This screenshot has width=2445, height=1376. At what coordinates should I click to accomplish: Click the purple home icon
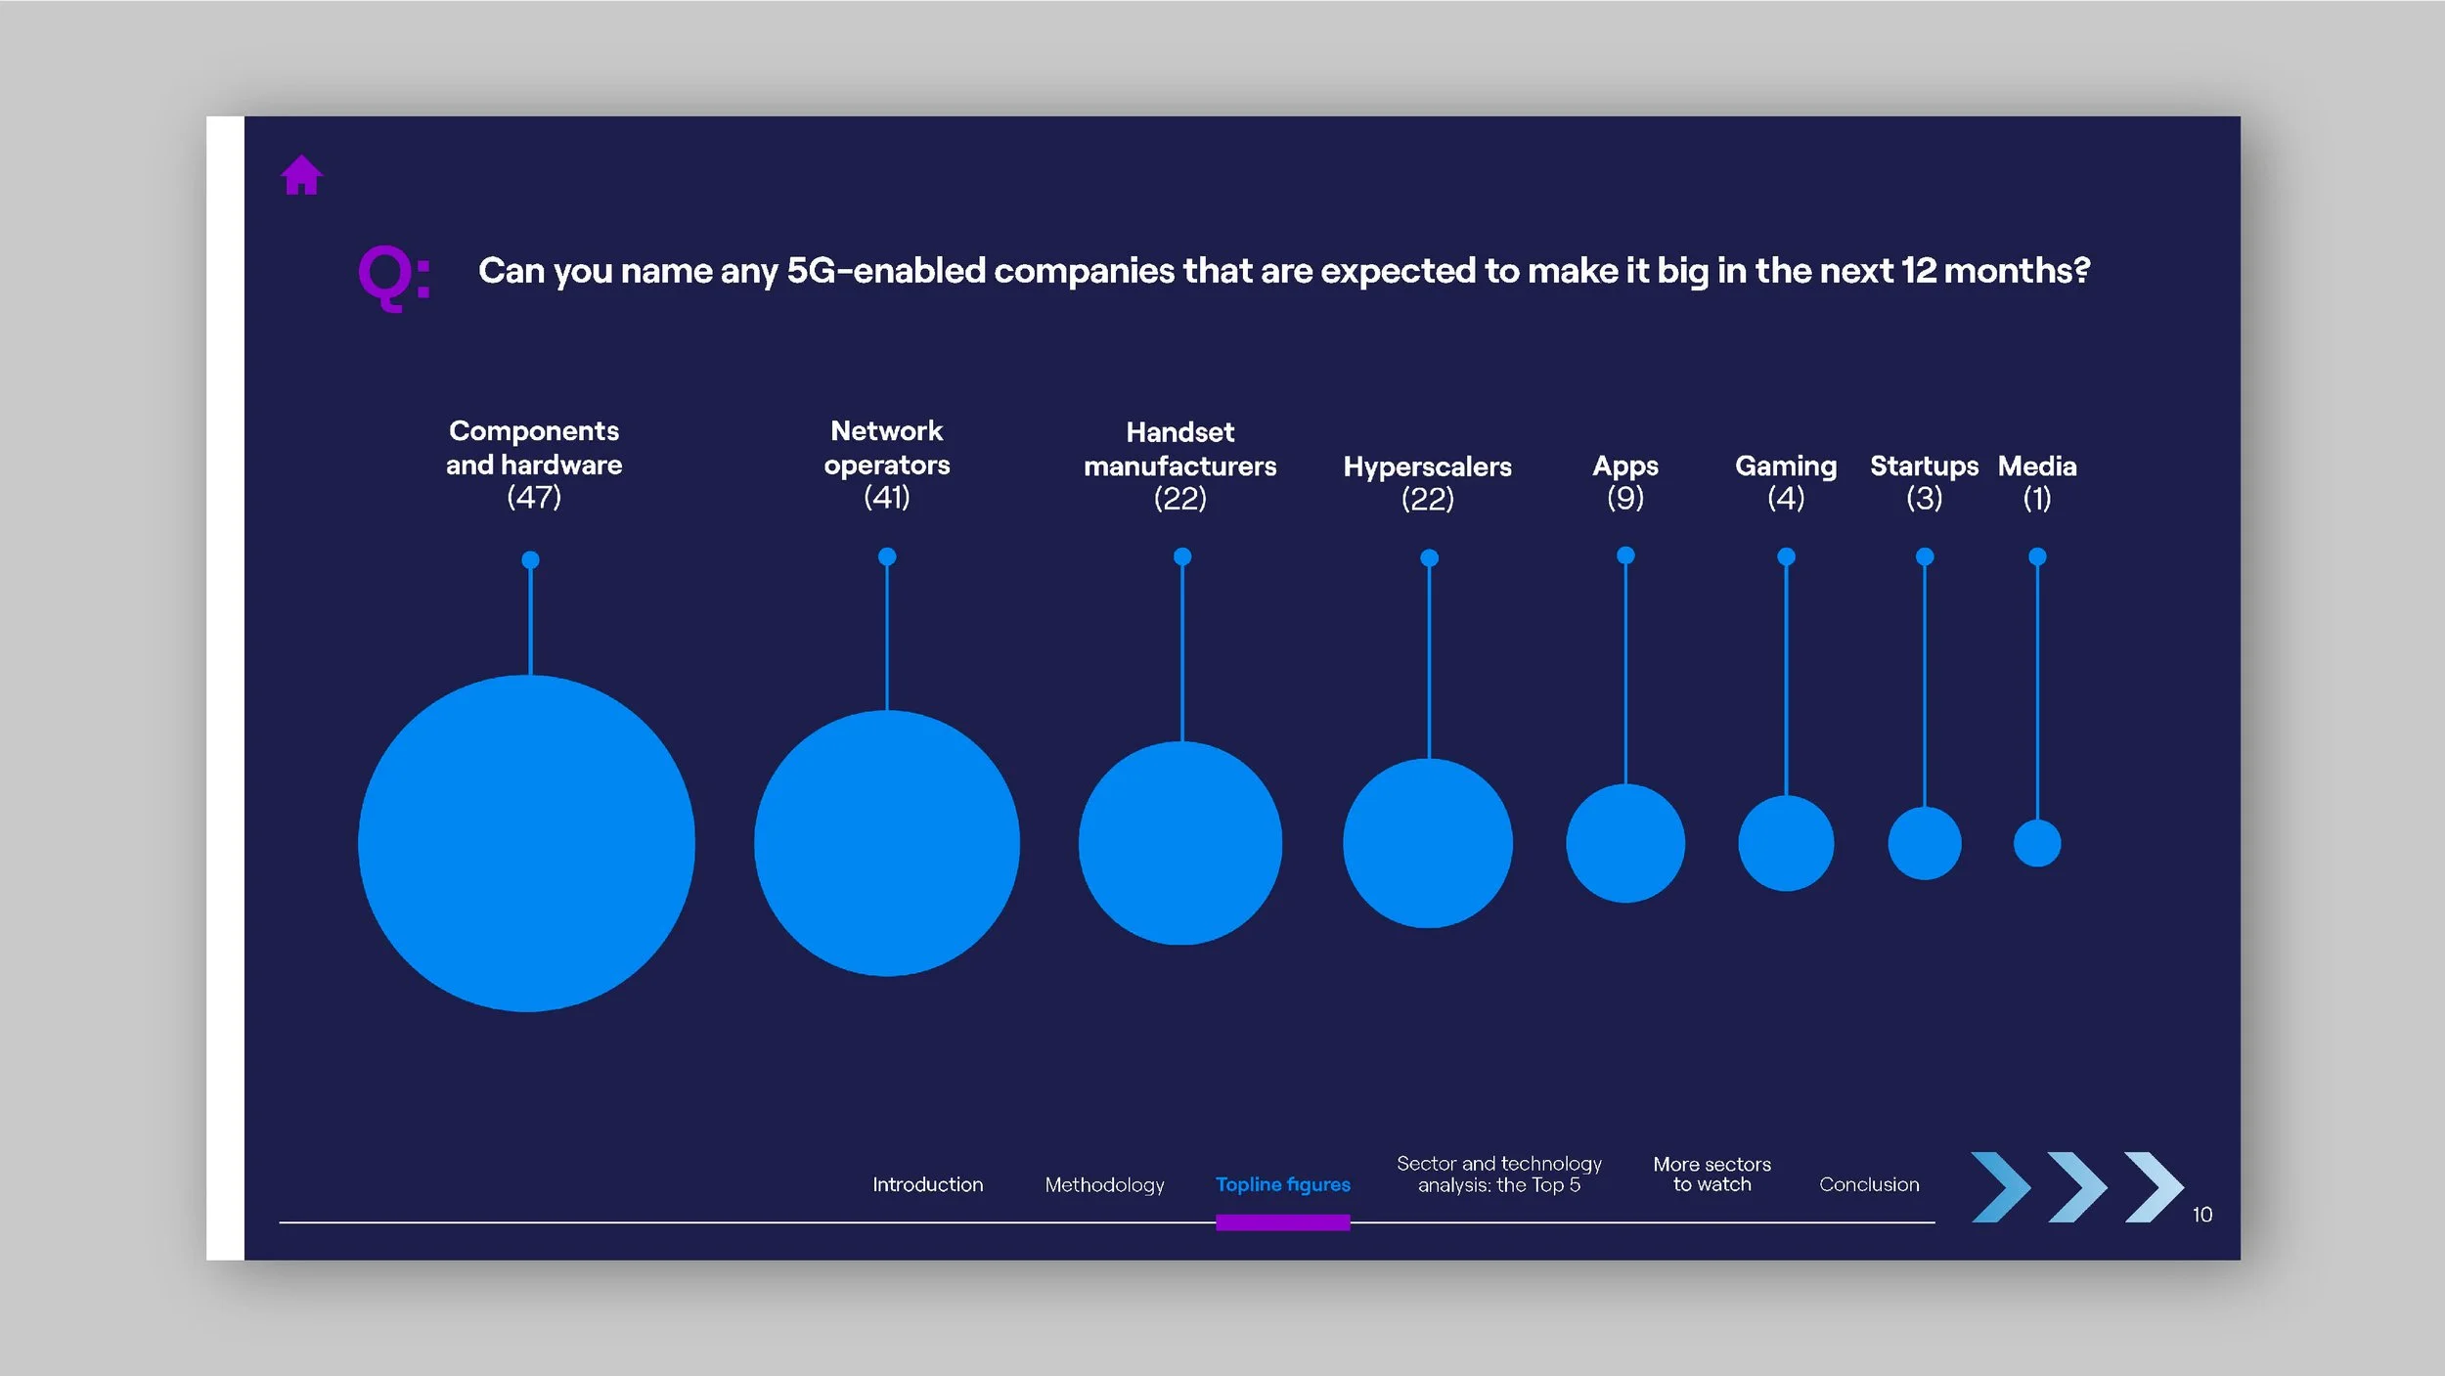pyautogui.click(x=301, y=176)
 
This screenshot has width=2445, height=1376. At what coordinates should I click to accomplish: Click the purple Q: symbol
pyautogui.click(x=393, y=277)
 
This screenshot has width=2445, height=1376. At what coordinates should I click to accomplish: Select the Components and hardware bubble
pyautogui.click(x=526, y=843)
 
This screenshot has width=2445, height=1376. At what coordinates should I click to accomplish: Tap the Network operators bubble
pyautogui.click(x=886, y=843)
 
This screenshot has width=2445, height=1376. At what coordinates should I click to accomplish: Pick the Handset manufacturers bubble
pyautogui.click(x=1180, y=843)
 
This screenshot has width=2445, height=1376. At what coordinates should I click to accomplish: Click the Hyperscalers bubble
pyautogui.click(x=1428, y=843)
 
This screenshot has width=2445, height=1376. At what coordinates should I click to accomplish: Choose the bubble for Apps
pyautogui.click(x=1625, y=843)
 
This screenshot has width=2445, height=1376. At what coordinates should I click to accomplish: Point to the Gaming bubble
pyautogui.click(x=1786, y=843)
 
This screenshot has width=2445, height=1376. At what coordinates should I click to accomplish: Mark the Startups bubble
pyautogui.click(x=1925, y=843)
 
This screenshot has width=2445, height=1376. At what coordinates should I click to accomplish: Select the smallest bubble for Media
pyautogui.click(x=2037, y=843)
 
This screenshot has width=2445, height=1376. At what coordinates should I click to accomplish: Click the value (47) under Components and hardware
pyautogui.click(x=534, y=497)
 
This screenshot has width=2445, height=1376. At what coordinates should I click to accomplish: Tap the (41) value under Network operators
pyautogui.click(x=887, y=497)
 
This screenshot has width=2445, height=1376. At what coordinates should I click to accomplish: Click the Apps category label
pyautogui.click(x=1625, y=466)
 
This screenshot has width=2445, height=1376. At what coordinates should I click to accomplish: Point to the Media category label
pyautogui.click(x=2037, y=466)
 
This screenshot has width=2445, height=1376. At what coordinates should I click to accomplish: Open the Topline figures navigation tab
pyautogui.click(x=1282, y=1184)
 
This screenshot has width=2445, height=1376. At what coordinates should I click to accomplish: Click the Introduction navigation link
pyautogui.click(x=927, y=1184)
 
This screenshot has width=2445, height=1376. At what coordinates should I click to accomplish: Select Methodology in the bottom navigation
pyautogui.click(x=1104, y=1184)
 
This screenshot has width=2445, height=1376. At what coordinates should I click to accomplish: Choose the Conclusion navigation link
pyautogui.click(x=1869, y=1184)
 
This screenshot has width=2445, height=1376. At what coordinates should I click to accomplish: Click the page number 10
pyautogui.click(x=2201, y=1215)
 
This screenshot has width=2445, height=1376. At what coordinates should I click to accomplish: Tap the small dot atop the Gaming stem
pyautogui.click(x=1786, y=556)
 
